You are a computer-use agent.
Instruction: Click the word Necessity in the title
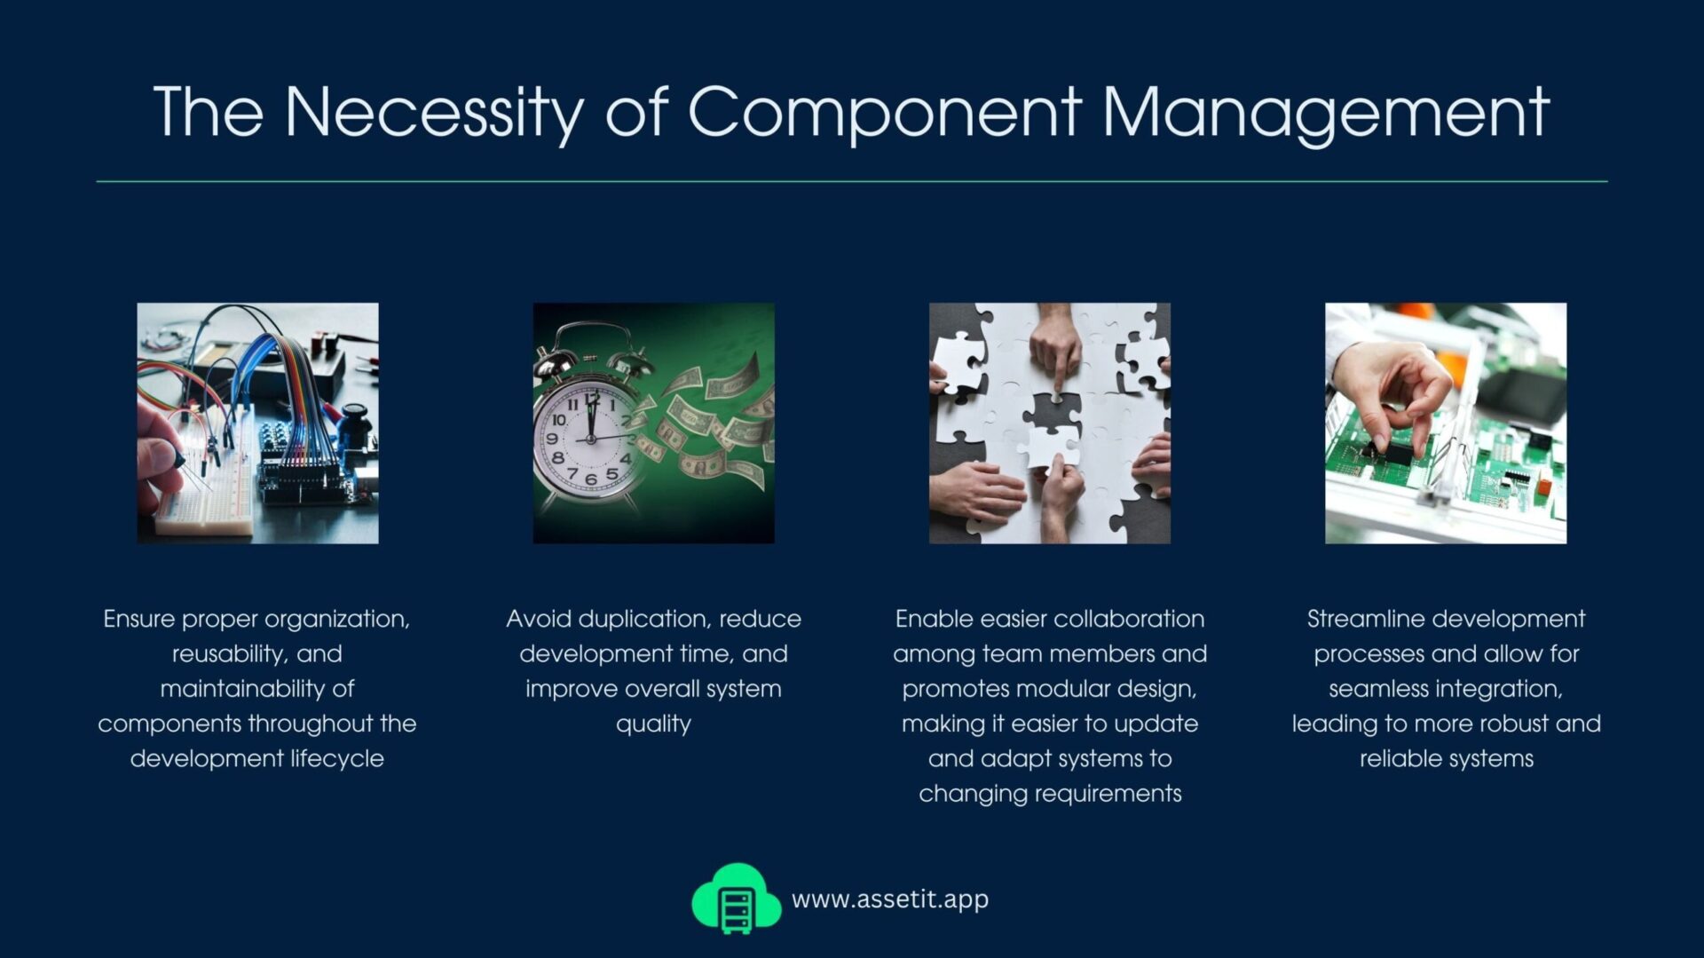click(434, 114)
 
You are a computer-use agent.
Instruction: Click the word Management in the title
click(1326, 115)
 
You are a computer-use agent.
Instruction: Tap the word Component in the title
click(885, 115)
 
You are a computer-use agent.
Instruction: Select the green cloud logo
click(736, 898)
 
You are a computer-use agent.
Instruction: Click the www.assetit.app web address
click(889, 899)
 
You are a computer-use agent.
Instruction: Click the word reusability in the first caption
click(228, 654)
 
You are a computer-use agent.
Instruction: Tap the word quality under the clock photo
click(653, 724)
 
